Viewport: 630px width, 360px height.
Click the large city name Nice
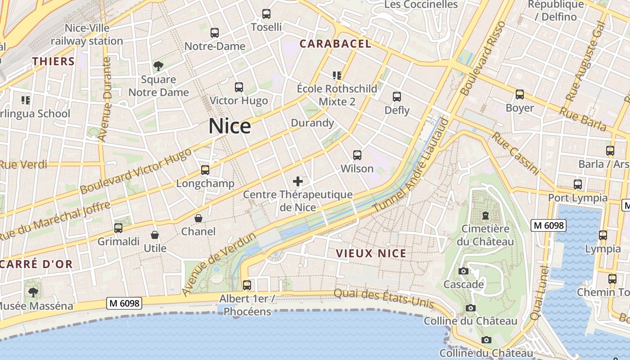tap(229, 126)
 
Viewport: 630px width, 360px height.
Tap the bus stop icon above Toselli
tap(266, 14)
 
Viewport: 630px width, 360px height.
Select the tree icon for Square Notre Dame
tap(158, 67)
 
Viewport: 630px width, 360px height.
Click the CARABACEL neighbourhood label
tap(335, 44)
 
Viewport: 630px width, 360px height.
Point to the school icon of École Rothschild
tap(337, 75)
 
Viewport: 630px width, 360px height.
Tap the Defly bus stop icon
tap(397, 97)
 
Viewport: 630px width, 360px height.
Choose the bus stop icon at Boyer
tap(520, 94)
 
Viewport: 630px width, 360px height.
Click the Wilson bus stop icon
tap(357, 155)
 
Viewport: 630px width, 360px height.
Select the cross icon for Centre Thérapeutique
tap(298, 181)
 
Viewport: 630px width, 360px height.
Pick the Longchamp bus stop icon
tap(205, 170)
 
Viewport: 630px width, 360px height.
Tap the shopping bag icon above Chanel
tap(198, 218)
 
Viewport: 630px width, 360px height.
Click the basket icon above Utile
tap(155, 235)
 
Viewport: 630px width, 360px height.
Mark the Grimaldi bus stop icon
tap(118, 228)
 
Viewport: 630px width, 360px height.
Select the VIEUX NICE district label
tap(371, 253)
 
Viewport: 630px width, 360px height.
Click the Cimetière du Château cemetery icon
tap(485, 216)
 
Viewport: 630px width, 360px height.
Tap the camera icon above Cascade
tap(463, 271)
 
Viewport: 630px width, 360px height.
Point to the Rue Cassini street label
tap(515, 153)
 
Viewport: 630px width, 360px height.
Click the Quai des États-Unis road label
tap(383, 299)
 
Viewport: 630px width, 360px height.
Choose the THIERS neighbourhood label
tap(53, 62)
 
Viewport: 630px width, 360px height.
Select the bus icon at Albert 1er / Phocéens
tap(247, 285)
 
